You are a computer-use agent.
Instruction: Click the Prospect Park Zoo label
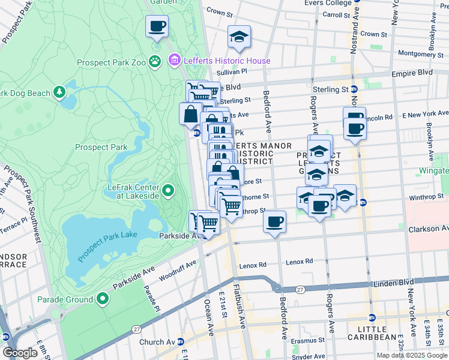coord(112,62)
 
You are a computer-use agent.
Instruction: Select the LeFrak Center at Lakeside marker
coord(169,191)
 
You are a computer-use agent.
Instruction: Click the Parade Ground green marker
coord(103,298)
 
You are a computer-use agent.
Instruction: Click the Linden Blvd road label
coord(394,282)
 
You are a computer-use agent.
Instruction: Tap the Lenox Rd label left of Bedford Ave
coord(253,265)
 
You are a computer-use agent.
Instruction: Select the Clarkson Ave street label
coord(427,229)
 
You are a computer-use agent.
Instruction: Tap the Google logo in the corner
coord(20,353)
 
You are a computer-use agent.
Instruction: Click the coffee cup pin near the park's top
coord(157,26)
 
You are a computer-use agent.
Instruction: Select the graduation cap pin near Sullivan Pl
coord(239,38)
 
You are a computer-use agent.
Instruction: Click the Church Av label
coord(158,342)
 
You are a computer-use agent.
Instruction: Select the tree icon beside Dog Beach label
coord(59,92)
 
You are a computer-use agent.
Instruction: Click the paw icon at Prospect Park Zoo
coord(155,61)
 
